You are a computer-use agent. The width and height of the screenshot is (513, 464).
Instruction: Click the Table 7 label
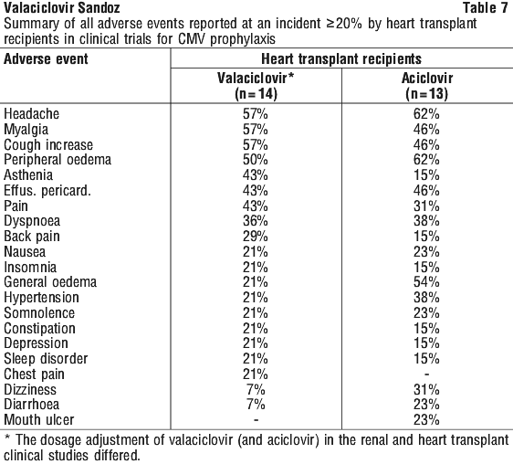[486, 8]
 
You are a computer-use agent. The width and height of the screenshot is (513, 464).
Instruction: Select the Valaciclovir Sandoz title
[62, 8]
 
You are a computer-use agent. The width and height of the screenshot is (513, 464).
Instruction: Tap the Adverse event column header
[46, 59]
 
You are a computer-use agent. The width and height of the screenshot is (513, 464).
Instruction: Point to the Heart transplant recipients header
[341, 59]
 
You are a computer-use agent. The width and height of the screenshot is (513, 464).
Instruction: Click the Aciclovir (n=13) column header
[427, 86]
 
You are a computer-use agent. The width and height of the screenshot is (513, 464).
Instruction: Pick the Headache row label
[31, 114]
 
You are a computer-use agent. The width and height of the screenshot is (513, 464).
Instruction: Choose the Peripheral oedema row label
[58, 160]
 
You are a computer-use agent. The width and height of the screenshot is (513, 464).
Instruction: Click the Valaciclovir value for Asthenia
[256, 175]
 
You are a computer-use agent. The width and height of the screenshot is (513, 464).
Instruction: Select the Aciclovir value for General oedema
[426, 282]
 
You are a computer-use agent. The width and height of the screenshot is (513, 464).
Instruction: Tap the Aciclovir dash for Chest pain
[426, 374]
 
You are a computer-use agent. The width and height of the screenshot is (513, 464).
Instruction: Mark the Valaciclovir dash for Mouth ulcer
[256, 420]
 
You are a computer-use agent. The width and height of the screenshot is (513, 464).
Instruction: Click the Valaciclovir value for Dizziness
[256, 390]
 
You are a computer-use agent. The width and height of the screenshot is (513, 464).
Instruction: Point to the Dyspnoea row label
[32, 221]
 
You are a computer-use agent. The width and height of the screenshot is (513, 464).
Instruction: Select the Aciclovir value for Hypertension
[426, 298]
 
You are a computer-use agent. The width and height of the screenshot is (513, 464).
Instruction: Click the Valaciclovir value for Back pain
[256, 237]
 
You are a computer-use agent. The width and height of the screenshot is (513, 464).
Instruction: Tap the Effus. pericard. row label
[47, 191]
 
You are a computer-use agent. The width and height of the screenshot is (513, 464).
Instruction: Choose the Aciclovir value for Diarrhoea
[426, 405]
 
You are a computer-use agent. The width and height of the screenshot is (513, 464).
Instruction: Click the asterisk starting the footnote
[7, 438]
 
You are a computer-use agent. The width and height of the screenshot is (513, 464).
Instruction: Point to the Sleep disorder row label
[46, 359]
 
